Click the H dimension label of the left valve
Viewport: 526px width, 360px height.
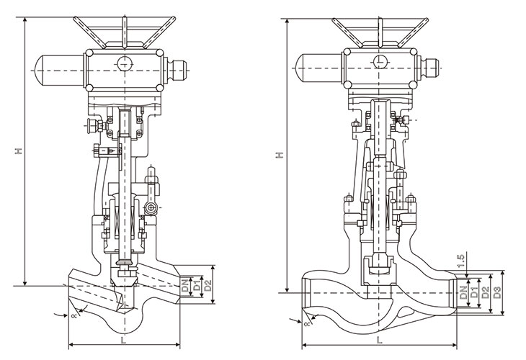click(19, 150)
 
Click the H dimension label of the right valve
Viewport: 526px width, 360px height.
click(280, 155)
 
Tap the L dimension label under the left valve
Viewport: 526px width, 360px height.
click(123, 341)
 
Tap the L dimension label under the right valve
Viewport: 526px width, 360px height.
click(379, 341)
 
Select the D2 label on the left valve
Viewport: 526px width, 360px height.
click(208, 285)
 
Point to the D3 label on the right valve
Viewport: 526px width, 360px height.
click(497, 292)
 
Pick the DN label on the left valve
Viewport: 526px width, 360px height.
click(185, 285)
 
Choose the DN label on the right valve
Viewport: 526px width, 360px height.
click(464, 292)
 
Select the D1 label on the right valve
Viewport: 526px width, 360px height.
click(474, 292)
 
